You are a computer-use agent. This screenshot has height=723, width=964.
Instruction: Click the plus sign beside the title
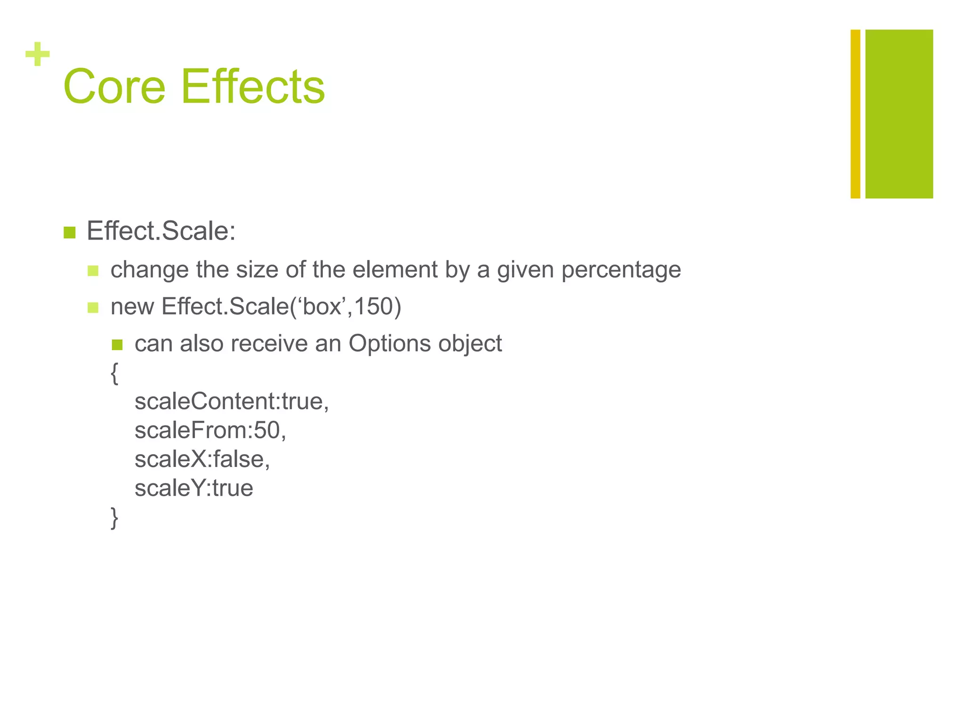coord(38,55)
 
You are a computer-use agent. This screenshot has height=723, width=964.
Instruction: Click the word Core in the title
coord(114,87)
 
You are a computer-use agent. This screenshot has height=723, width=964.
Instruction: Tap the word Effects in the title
coord(253,87)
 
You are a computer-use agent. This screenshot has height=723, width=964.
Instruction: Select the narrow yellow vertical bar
coord(855,114)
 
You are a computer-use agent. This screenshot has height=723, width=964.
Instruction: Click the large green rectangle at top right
coord(899,114)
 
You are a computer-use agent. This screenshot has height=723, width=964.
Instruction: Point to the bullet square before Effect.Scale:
coord(69,233)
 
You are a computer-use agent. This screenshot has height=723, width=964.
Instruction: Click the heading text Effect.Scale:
coord(161,231)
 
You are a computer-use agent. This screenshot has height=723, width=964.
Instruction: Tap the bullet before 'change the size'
coord(93,271)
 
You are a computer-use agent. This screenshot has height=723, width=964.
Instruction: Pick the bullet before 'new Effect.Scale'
coord(93,308)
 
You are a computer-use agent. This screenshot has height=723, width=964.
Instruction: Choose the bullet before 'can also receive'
coord(117,345)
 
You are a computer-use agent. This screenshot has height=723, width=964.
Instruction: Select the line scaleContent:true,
coord(232,402)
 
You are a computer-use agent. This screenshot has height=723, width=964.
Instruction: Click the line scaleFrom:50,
coord(210,430)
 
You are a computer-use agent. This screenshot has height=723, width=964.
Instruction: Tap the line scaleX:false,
coord(202,459)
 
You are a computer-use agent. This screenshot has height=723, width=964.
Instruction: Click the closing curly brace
coord(114,518)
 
